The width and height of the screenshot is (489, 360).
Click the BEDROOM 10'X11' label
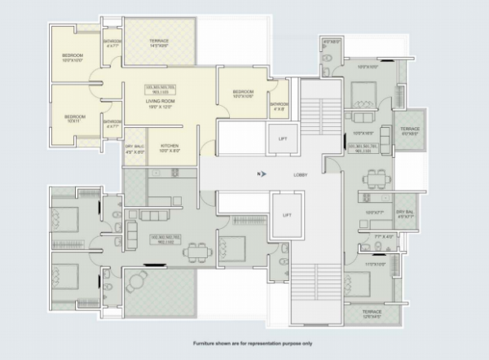76,116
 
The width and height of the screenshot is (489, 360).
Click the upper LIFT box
283,139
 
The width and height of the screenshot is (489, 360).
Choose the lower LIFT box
286,216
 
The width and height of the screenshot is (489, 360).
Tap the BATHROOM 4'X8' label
279,106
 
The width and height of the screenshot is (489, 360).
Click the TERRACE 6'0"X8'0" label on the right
408,131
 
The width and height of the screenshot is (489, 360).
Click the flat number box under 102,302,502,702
163,242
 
